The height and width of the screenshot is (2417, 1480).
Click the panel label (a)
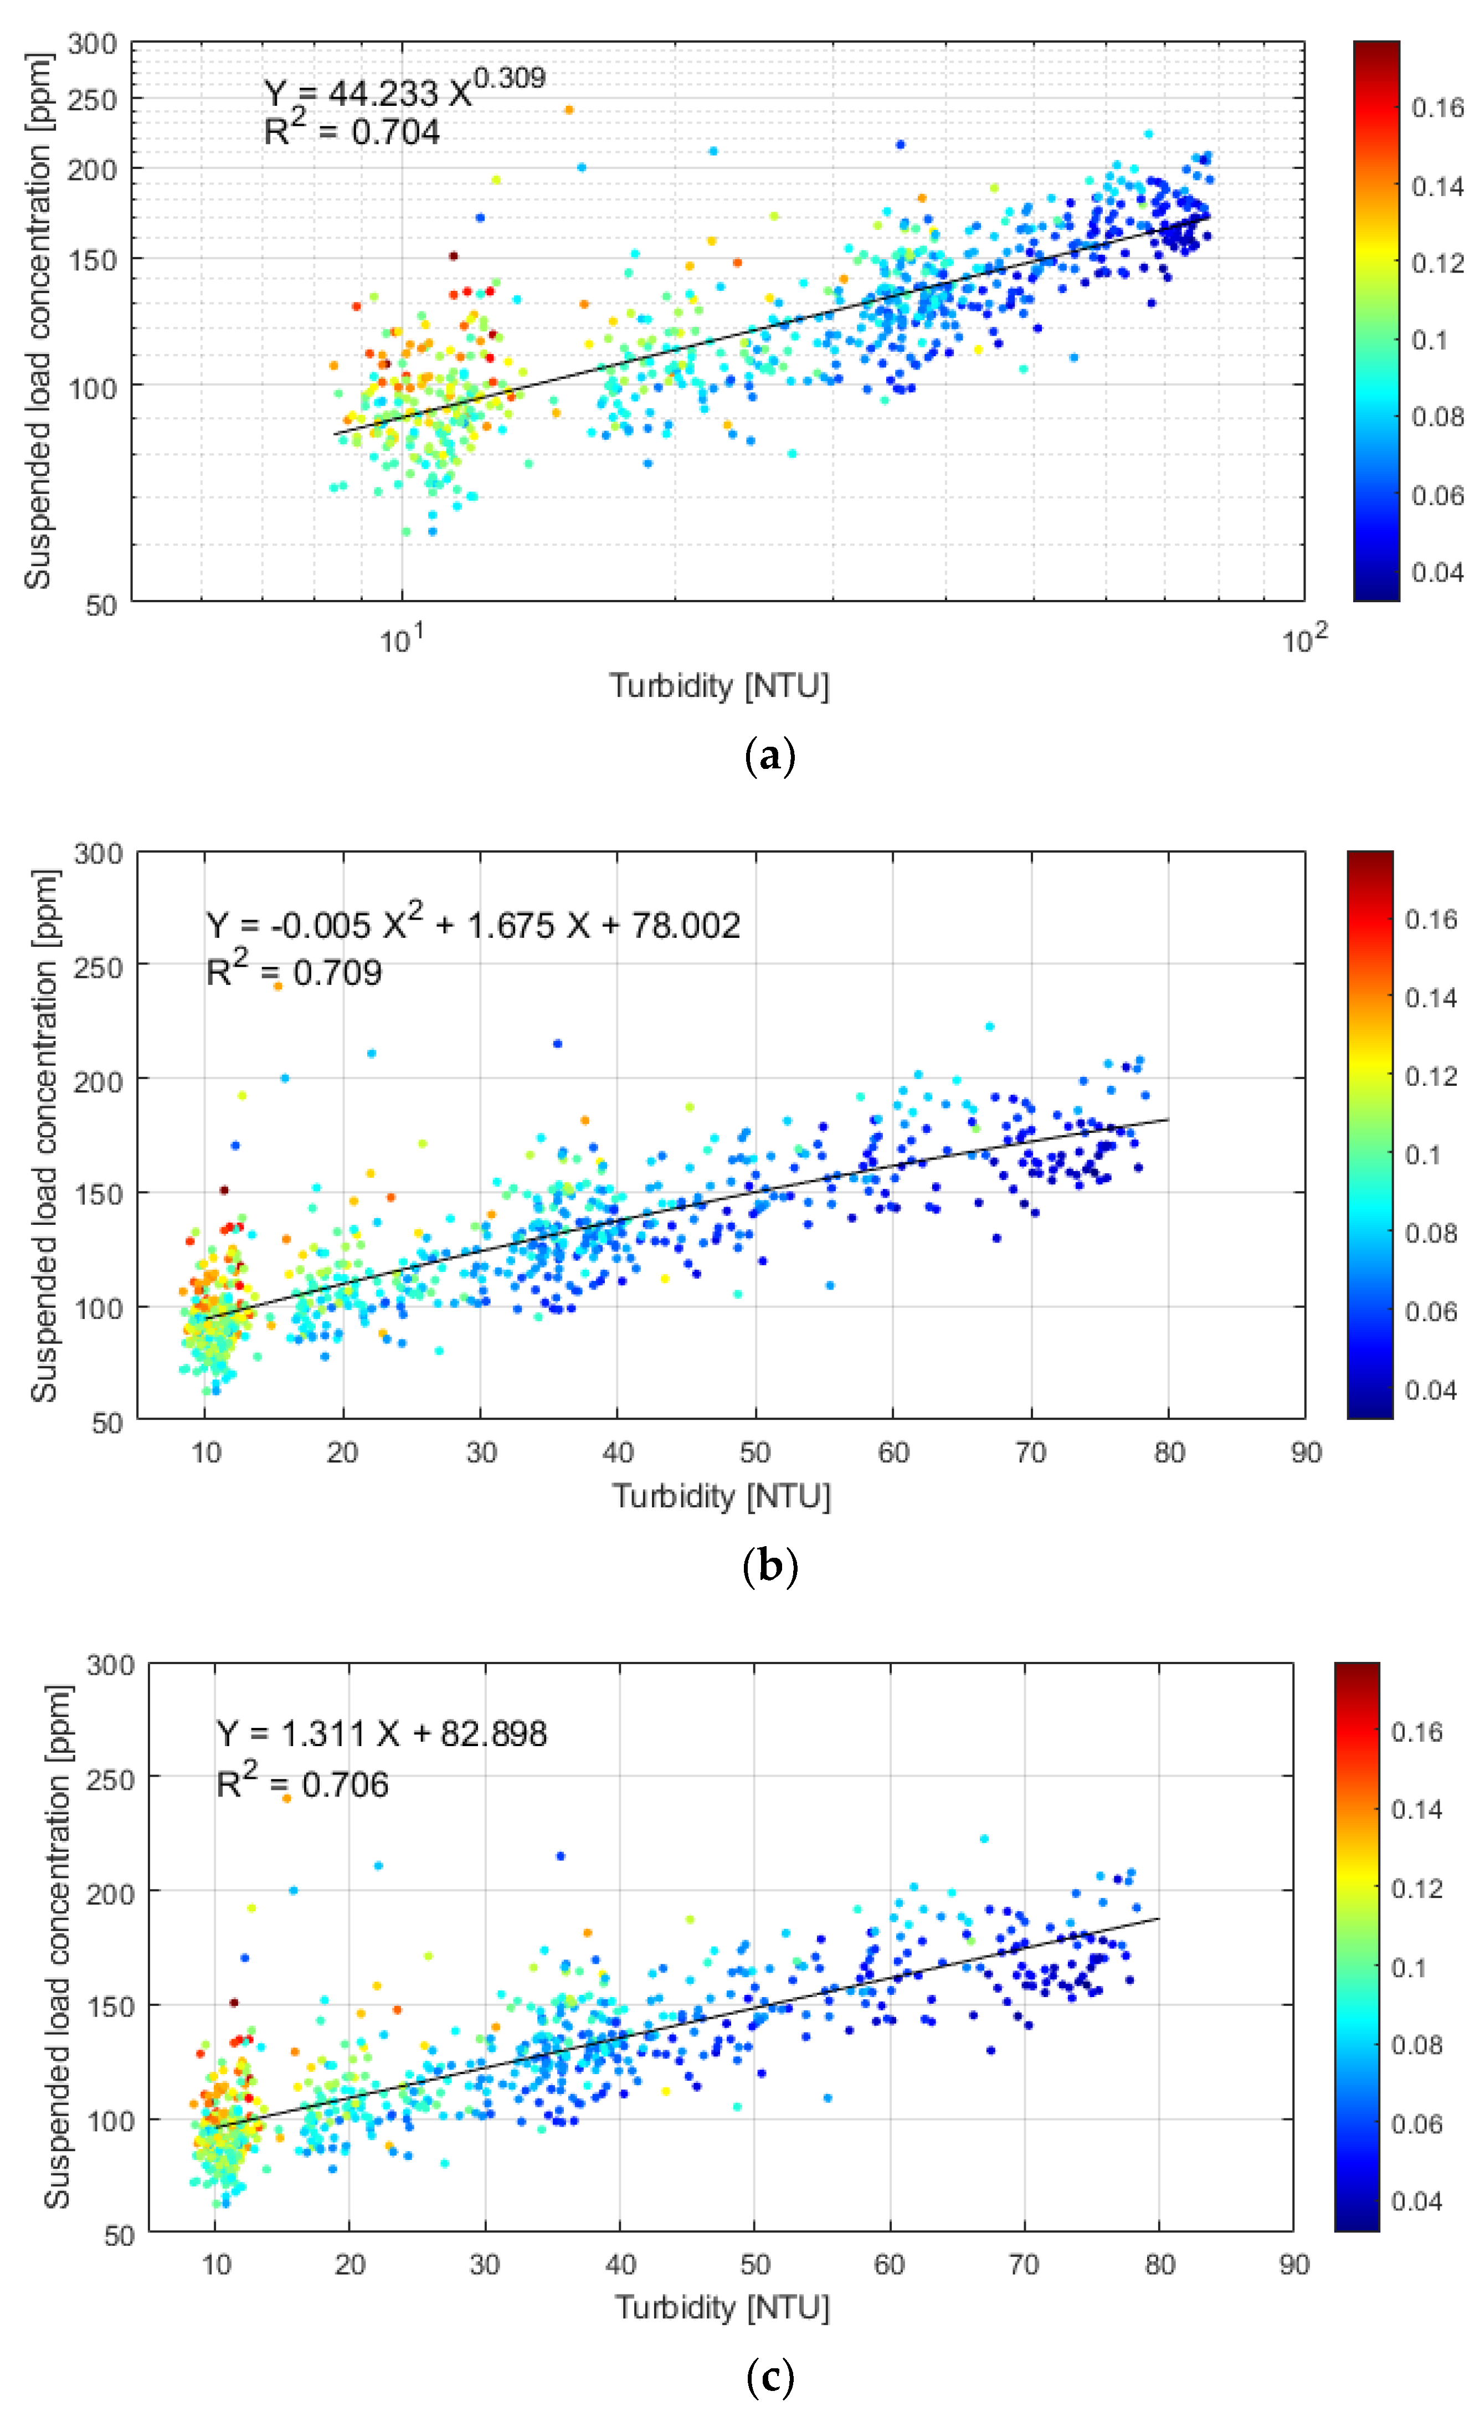(x=770, y=757)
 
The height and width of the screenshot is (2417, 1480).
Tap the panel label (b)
(x=770, y=1567)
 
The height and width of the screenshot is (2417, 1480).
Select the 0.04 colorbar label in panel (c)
(x=1416, y=2201)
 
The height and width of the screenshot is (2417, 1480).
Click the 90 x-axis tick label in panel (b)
(x=1306, y=1453)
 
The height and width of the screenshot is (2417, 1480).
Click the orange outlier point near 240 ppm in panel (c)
(x=286, y=1798)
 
